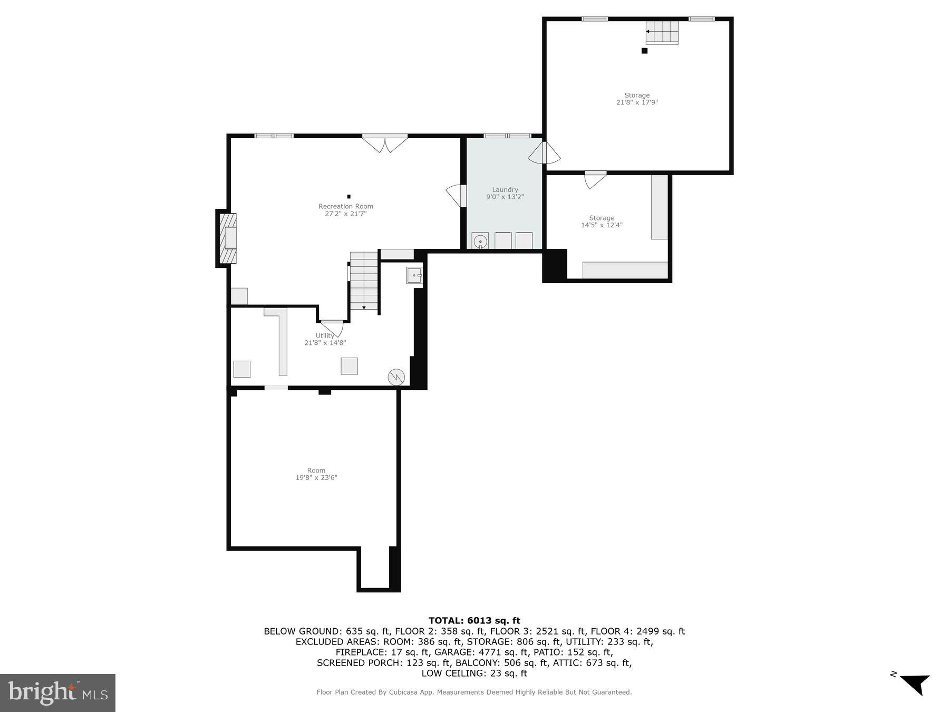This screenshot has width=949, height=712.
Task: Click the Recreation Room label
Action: coord(345,206)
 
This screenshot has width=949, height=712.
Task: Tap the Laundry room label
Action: coord(505,190)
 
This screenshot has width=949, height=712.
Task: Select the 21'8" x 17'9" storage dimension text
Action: coord(637,102)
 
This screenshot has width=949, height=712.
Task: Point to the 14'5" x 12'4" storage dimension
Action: coord(602,225)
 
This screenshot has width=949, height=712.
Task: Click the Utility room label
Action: coord(325,335)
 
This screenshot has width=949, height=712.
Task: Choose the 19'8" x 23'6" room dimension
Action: coord(316,478)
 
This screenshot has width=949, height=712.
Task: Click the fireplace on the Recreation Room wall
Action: coord(228,238)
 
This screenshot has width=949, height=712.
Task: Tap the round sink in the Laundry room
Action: coord(480,242)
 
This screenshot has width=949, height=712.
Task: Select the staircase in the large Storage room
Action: coord(663,32)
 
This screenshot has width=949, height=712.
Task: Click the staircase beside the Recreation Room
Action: coord(364,281)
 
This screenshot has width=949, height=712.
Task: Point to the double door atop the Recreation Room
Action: coord(385,144)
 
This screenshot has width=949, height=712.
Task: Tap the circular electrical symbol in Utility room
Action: coord(396,377)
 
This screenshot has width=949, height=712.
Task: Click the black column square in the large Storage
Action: coord(644,51)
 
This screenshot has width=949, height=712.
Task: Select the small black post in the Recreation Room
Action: coord(348,197)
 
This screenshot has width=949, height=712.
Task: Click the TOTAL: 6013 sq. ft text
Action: coord(474,621)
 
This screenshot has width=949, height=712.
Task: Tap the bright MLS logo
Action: coord(57,692)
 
